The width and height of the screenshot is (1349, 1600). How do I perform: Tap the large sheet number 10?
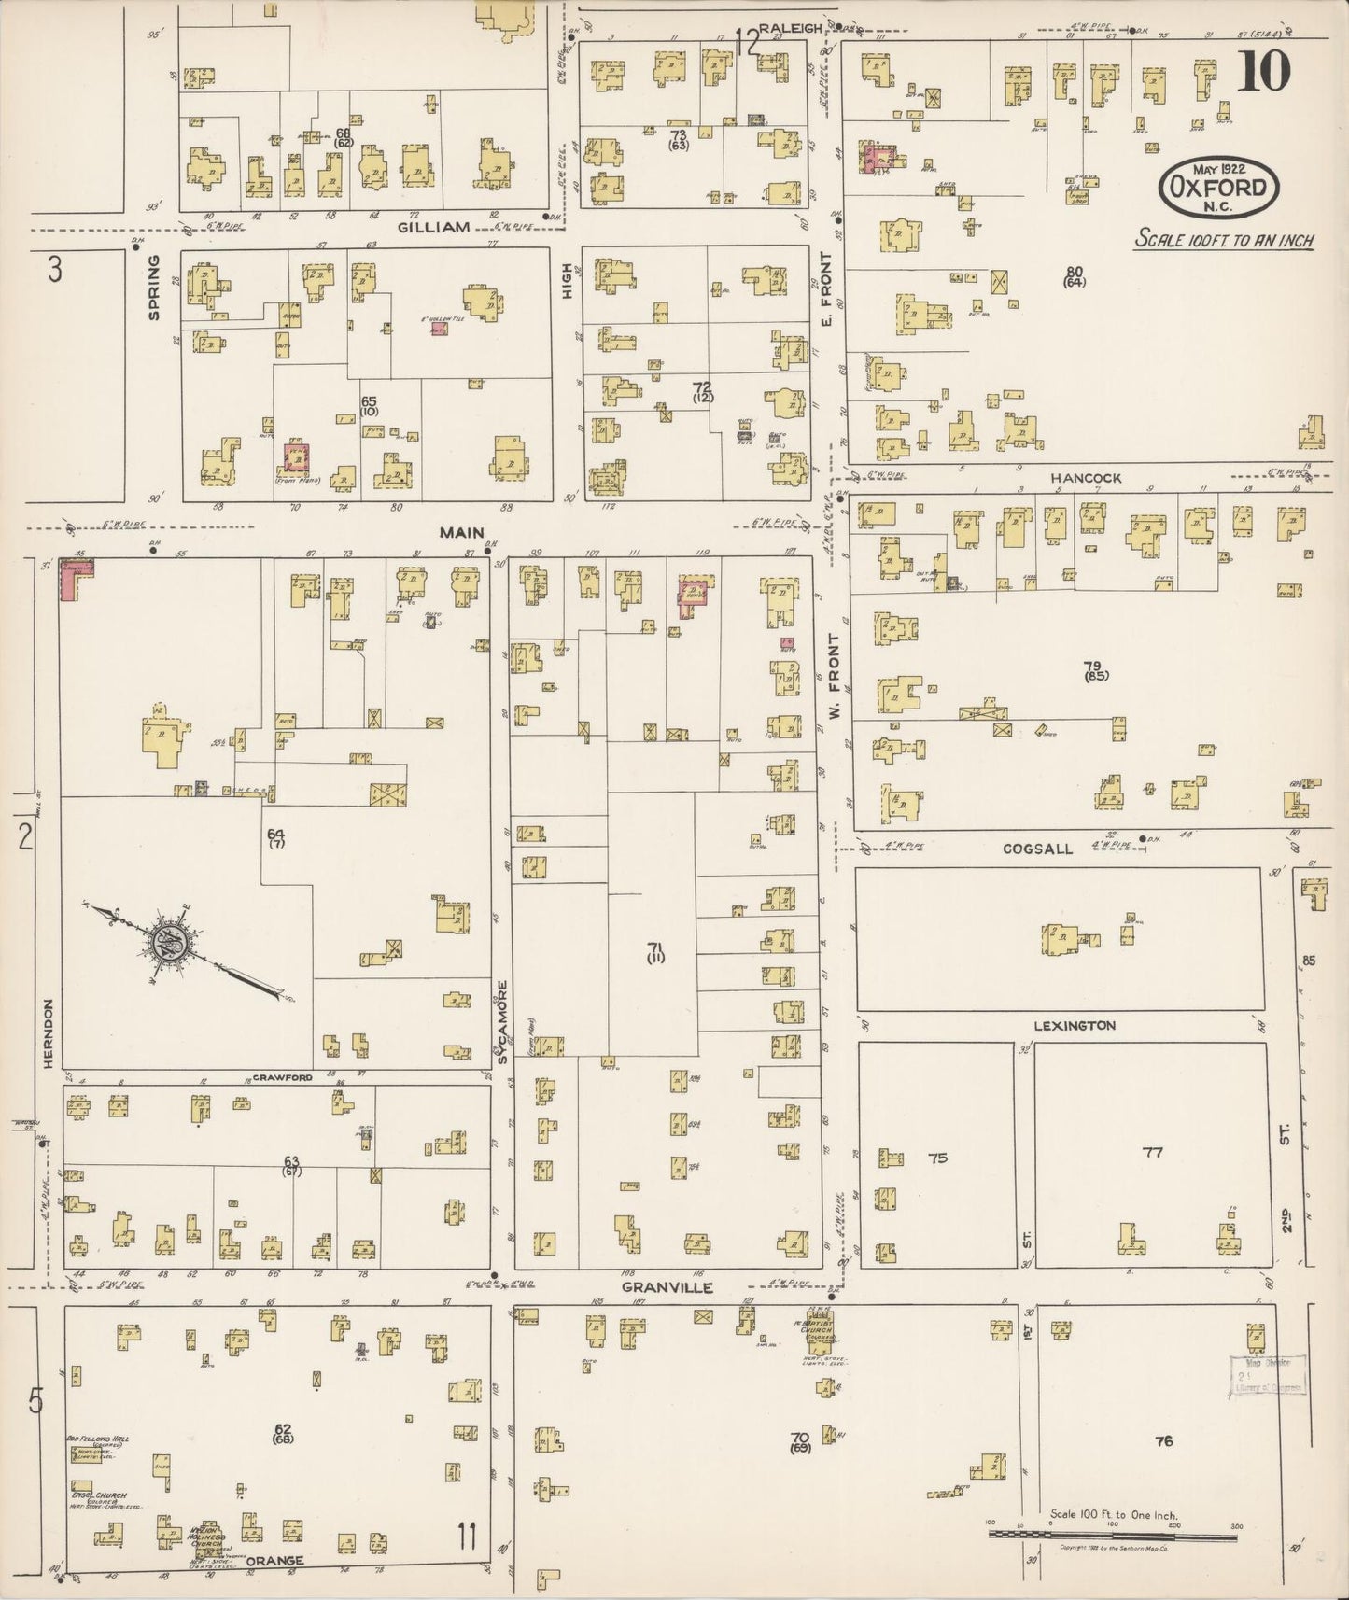pos(1264,71)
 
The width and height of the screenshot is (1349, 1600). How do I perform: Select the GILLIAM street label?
pos(433,227)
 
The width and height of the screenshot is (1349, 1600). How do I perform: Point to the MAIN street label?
pos(462,533)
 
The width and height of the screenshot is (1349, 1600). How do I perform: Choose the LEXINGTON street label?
pos(1074,1026)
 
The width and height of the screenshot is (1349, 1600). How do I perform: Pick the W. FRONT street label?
pos(835,665)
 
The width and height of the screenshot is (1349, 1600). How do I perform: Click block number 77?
pos(1153,1153)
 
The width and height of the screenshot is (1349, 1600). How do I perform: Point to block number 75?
pos(937,1158)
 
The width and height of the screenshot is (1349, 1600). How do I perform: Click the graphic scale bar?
pos(1111,1533)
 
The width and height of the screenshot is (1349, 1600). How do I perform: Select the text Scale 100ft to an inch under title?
pos(1224,240)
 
